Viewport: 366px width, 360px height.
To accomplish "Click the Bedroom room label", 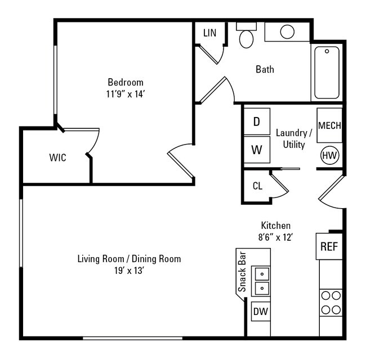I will point(126,82).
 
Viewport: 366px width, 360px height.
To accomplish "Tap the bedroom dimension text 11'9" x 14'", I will point(126,94).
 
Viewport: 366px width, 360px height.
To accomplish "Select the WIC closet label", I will point(57,158).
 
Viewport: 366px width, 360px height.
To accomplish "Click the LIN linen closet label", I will point(209,33).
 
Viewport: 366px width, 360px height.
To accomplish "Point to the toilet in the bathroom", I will point(246,37).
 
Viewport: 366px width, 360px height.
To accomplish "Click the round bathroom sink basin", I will point(288,31).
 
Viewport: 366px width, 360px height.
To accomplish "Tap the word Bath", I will point(265,70).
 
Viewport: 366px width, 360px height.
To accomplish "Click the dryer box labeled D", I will point(256,122).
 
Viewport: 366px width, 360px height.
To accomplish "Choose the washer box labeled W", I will point(256,150).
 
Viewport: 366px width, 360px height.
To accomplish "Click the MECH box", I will point(329,125).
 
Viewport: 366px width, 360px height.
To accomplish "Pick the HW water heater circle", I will point(329,155).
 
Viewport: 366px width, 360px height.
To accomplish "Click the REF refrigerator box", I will point(329,247).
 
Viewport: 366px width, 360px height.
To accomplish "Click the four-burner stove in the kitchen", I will point(331,302).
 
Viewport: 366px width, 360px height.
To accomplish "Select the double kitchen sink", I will point(262,281).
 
